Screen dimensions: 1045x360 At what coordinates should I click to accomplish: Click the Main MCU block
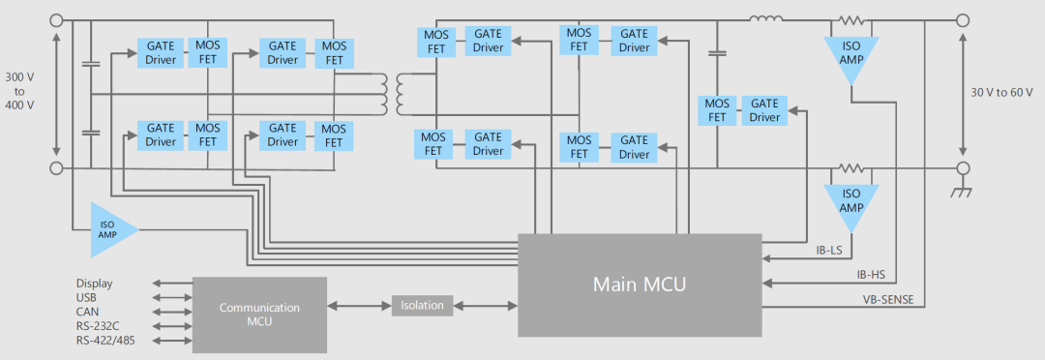point(640,285)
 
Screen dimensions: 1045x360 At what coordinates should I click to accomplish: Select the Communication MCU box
point(260,315)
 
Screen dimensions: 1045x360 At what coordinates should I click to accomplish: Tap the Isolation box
point(422,306)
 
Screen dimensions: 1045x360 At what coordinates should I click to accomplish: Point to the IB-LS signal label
point(829,251)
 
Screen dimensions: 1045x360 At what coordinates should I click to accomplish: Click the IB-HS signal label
point(871,274)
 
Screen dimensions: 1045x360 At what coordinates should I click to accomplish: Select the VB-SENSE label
point(884,298)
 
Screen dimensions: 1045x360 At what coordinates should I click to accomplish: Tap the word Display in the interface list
point(94,284)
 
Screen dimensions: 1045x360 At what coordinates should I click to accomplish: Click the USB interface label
point(86,297)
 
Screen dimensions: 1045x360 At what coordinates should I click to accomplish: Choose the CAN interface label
point(87,312)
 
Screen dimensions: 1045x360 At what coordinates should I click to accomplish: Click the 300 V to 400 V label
point(19,91)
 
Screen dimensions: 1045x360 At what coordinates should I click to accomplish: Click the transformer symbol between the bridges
point(392,94)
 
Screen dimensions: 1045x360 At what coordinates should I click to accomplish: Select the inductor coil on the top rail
point(766,18)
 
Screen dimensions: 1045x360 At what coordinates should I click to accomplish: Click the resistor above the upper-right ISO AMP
point(851,20)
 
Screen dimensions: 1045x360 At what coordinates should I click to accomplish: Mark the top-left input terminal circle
point(57,20)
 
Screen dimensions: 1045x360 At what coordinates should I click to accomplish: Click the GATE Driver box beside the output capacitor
point(764,110)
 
